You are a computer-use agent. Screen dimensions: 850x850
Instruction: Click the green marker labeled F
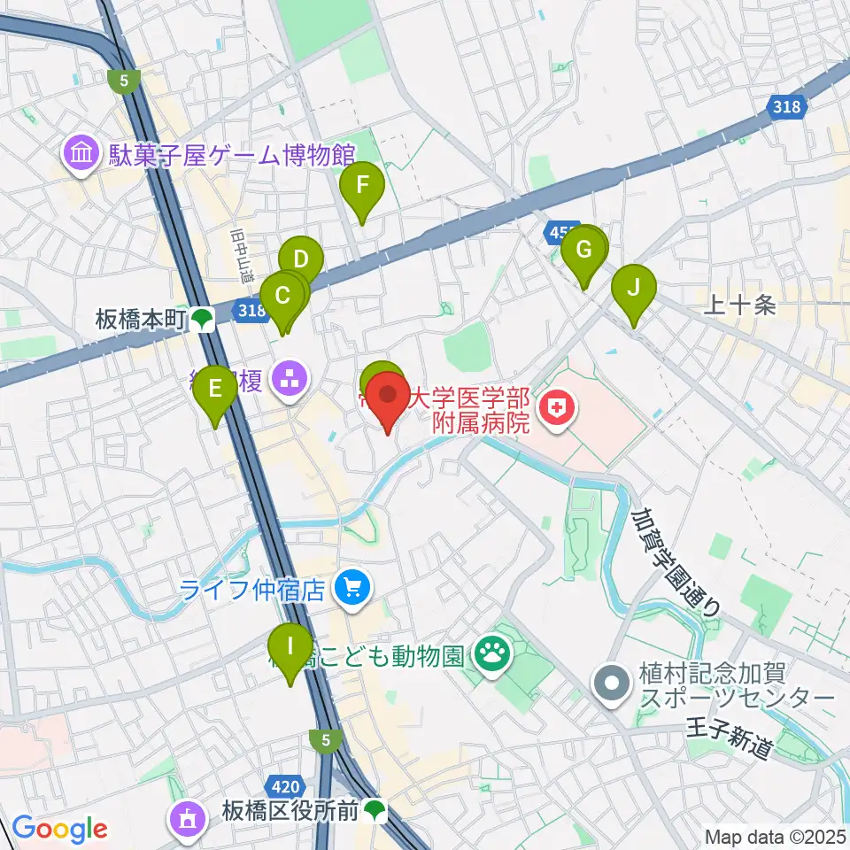click(361, 187)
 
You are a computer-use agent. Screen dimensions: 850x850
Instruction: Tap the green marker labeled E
click(214, 389)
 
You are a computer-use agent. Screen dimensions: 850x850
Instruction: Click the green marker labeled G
click(583, 249)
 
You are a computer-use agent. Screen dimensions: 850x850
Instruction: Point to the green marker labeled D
click(300, 260)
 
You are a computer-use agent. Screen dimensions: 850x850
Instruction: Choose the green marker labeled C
click(282, 296)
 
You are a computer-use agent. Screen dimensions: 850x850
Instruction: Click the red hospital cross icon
click(557, 409)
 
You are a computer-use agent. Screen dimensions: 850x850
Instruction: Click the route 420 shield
click(282, 784)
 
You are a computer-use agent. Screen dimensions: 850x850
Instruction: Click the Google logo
click(59, 830)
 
